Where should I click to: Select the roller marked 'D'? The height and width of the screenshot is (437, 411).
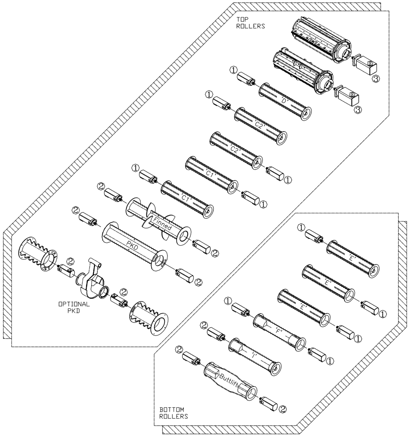click(285, 101)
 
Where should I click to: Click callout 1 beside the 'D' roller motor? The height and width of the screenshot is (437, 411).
click(234, 70)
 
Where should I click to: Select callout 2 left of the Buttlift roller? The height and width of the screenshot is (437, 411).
click(179, 349)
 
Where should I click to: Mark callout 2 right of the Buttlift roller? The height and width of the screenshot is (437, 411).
click(283, 409)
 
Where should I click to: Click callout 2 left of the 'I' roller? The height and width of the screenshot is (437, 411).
click(203, 325)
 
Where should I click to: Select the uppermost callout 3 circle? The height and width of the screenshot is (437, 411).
click(376, 78)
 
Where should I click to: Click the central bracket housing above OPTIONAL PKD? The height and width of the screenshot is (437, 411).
click(90, 280)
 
